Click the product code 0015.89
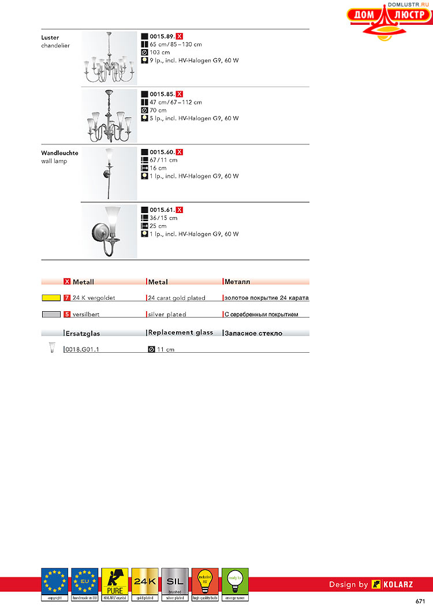(162, 36)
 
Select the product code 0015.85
(162, 94)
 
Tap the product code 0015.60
(162, 152)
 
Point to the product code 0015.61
(162, 210)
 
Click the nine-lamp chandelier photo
(109, 58)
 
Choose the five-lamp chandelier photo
(109, 115)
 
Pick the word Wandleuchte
(59, 153)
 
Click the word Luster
(50, 38)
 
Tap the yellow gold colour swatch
(51, 298)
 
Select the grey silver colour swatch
(51, 315)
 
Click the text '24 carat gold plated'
(177, 298)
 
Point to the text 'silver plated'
(167, 315)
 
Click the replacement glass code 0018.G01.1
(83, 349)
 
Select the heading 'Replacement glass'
(181, 333)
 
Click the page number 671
(420, 602)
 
